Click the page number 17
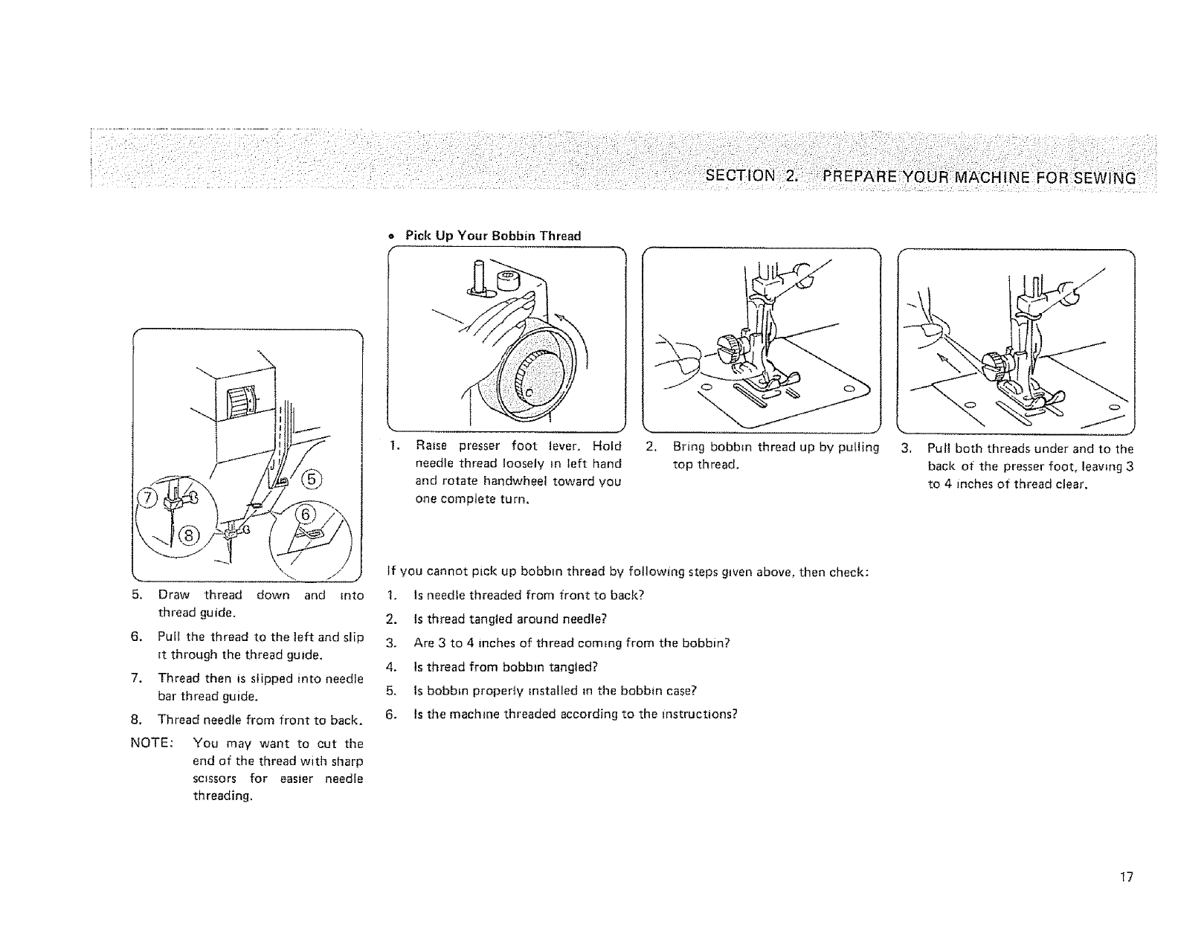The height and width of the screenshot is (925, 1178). point(1127,877)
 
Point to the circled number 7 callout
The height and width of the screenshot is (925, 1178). point(149,497)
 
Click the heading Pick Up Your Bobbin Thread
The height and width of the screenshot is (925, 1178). point(492,236)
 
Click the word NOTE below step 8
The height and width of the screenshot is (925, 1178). point(151,744)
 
